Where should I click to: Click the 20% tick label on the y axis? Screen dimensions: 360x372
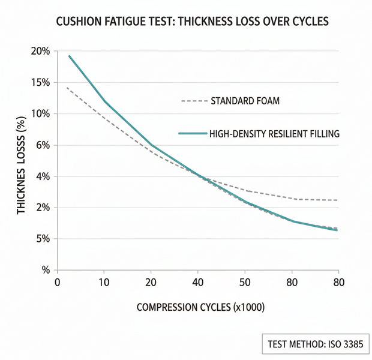(x=40, y=51)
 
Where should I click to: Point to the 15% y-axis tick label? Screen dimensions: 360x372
(x=40, y=82)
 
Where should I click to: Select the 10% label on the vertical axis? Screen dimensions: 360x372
(x=40, y=113)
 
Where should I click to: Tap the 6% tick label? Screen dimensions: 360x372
(x=43, y=145)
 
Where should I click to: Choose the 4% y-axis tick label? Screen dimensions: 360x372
(x=43, y=176)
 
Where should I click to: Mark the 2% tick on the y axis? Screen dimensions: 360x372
(x=43, y=208)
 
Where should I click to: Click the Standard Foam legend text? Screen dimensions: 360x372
(x=245, y=101)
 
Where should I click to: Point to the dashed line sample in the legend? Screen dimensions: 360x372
(x=194, y=101)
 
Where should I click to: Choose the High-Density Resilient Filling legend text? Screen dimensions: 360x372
(x=274, y=134)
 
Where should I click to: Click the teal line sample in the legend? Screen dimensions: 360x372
(x=191, y=134)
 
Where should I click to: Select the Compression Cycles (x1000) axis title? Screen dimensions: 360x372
(x=200, y=307)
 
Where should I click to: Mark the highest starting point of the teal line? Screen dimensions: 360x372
(x=69, y=56)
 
